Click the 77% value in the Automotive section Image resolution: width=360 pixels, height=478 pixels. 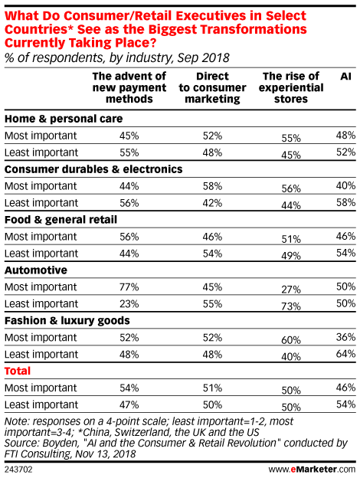pos(129,287)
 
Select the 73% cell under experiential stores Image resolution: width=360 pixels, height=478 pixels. pos(291,306)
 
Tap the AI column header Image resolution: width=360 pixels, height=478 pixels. pos(345,76)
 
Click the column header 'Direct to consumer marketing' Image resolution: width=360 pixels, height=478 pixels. pos(212,87)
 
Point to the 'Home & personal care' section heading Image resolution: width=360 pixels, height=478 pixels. pos(64,119)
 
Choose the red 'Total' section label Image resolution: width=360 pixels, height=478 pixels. pos(18,371)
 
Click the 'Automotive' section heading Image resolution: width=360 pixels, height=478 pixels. pos(36,270)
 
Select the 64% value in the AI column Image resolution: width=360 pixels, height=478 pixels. pos(345,354)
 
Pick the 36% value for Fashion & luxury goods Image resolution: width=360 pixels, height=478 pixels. pos(345,337)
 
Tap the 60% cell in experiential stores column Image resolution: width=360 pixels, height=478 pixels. pos(291,340)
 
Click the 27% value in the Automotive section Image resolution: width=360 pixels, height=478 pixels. pos(291,290)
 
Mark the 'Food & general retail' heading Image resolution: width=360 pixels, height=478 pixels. pos(61,220)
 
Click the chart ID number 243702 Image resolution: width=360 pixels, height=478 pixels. pos(18,469)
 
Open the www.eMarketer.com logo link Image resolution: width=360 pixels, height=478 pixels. pos(312,469)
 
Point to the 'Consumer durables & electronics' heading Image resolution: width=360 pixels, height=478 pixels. pos(93,169)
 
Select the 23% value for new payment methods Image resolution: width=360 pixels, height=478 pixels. pos(129,304)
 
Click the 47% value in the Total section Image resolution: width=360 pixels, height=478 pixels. pos(129,404)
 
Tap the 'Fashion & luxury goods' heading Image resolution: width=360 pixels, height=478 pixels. pos(67,321)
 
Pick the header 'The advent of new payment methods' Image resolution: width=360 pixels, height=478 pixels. pos(129,87)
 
